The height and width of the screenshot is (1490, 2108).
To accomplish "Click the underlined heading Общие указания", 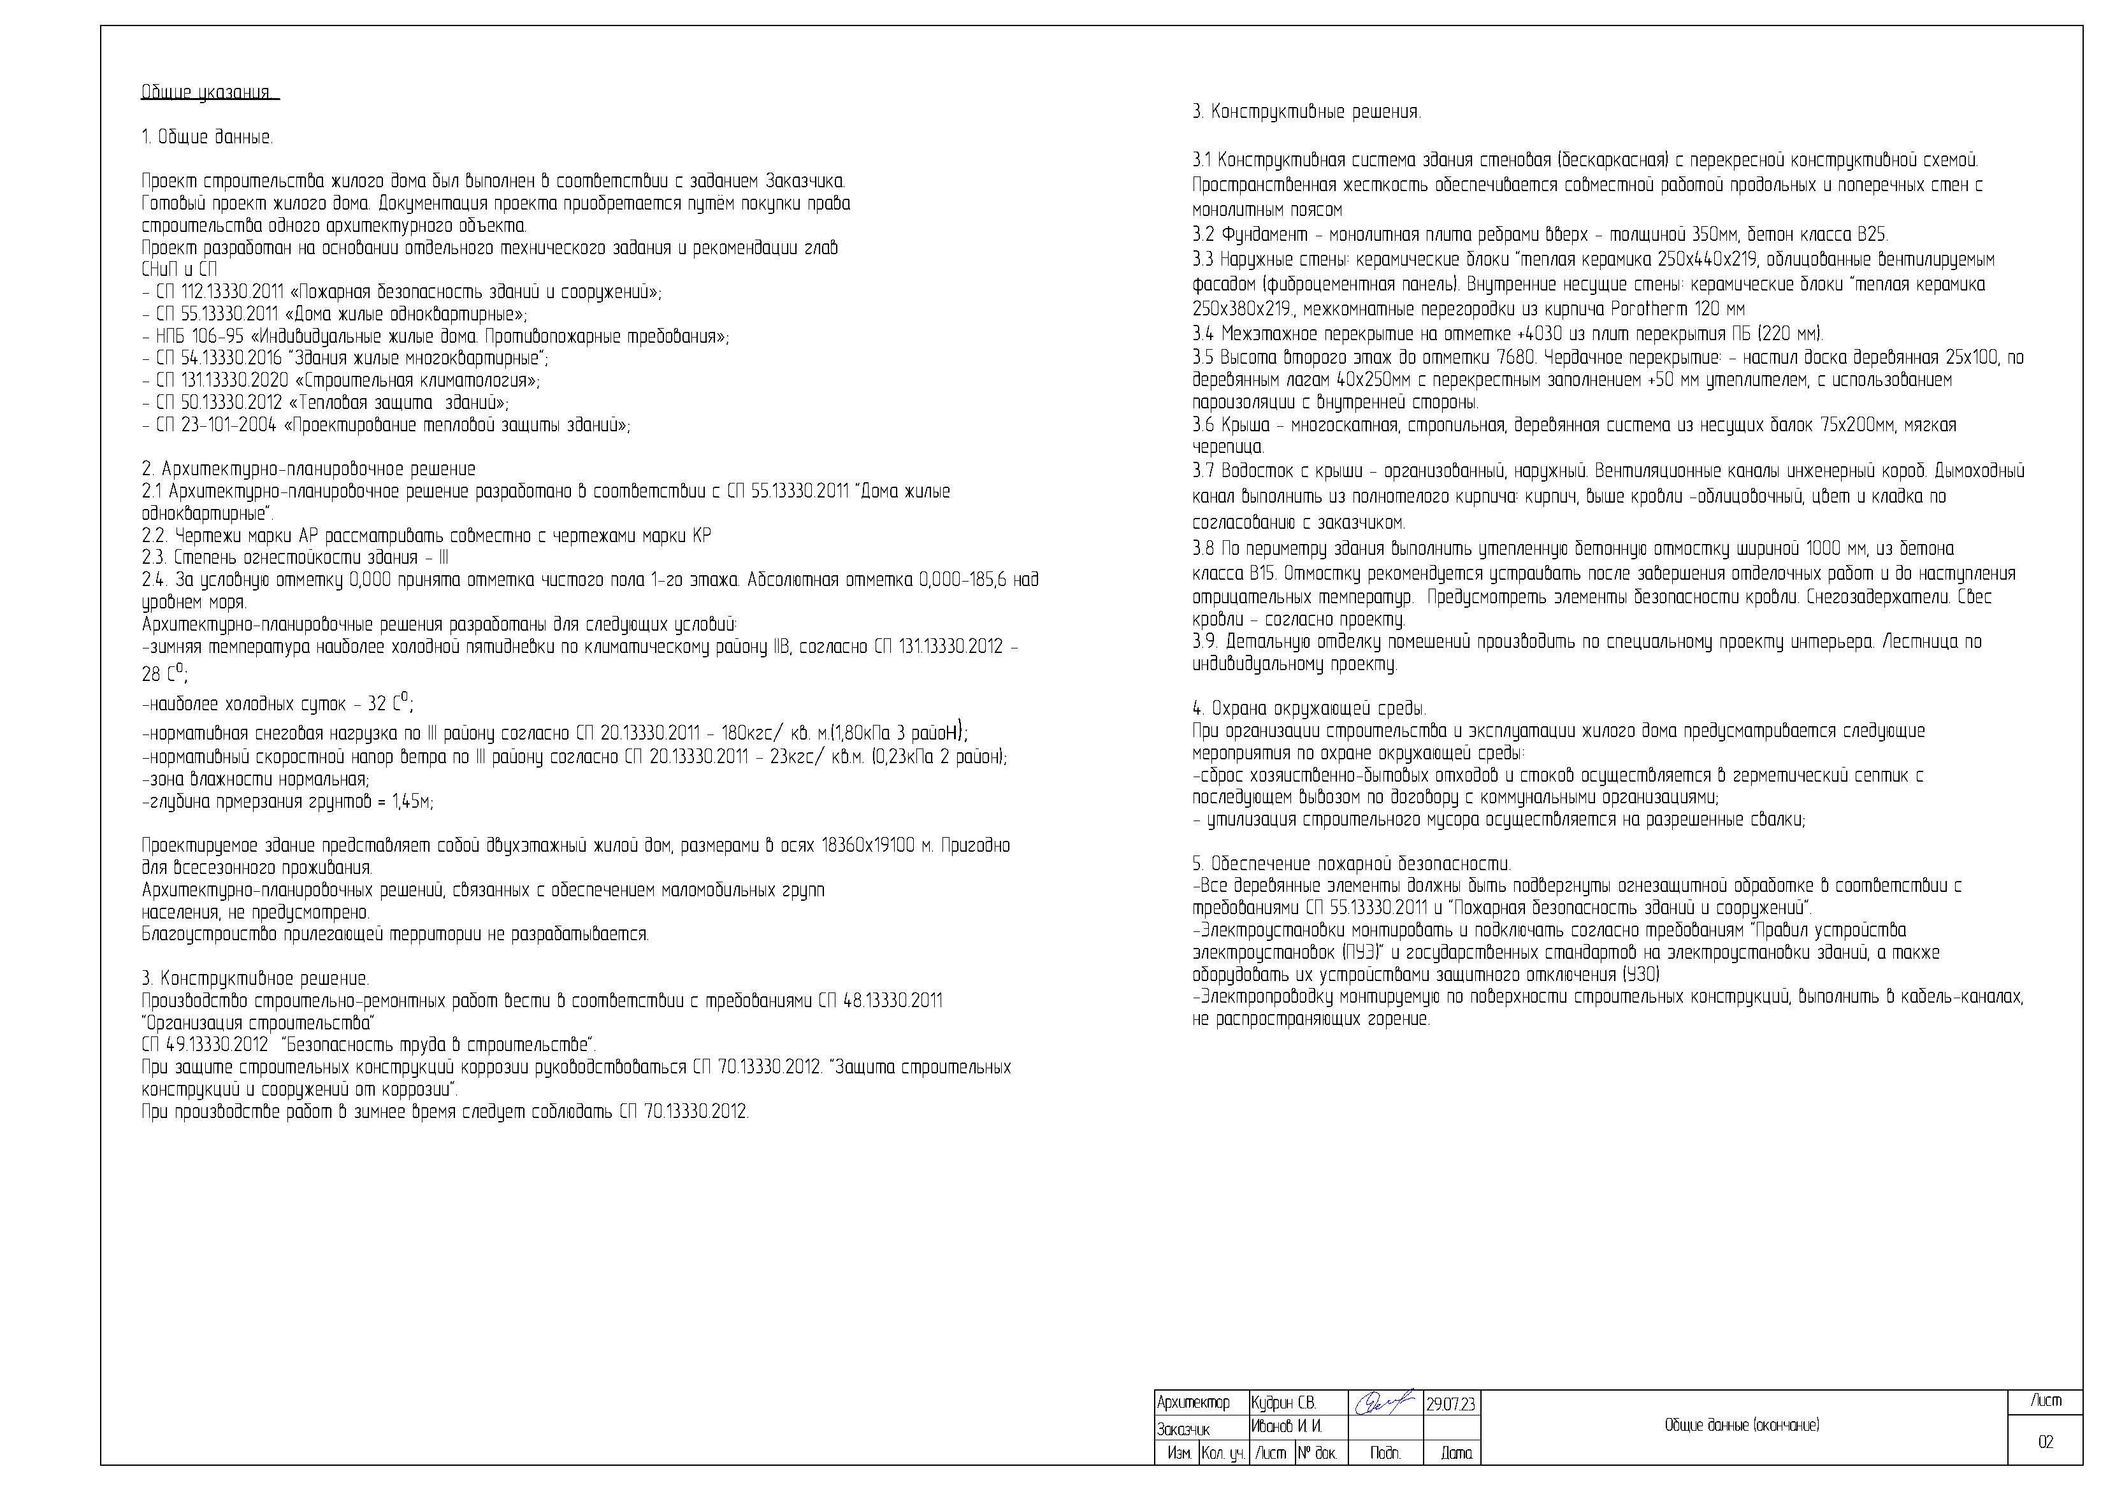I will point(208,93).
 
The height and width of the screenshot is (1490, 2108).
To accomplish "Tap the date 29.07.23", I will point(1450,1405).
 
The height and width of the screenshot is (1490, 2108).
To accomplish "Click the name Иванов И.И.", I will point(1285,1427).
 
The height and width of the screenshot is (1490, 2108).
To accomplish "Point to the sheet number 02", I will point(2045,1442).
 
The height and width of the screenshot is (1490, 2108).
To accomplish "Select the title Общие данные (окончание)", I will point(1742,1426).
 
